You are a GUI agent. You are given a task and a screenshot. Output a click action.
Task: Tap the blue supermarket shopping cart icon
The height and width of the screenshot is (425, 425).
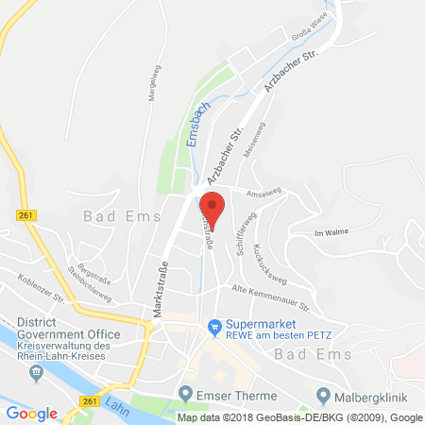tap(215, 329)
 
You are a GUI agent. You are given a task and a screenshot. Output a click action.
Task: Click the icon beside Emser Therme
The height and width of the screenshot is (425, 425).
tap(185, 393)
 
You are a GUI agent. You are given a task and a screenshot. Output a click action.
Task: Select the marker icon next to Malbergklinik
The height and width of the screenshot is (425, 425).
tap(324, 393)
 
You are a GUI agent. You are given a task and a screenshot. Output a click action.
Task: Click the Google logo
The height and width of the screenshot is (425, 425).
tap(32, 414)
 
